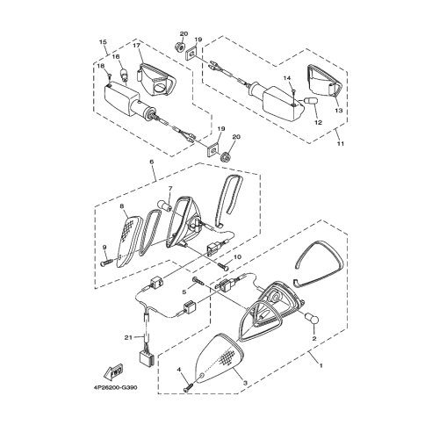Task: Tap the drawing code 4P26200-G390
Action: (115, 387)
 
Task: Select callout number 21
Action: (128, 337)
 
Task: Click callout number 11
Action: (341, 144)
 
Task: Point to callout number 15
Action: (103, 42)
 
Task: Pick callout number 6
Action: (152, 162)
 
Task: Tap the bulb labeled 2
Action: (312, 319)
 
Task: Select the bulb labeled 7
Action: (164, 205)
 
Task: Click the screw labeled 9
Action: (106, 262)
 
